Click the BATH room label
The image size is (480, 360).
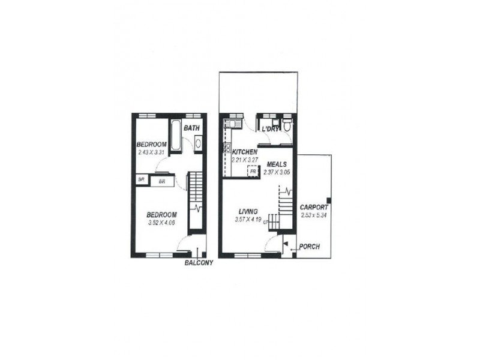[191, 128]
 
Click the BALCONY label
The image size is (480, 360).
[199, 263]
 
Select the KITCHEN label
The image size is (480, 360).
[245, 152]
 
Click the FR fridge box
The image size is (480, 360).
[253, 171]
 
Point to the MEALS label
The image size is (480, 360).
[277, 164]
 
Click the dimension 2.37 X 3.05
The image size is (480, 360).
[277, 172]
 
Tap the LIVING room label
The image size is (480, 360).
[248, 212]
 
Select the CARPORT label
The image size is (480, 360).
[313, 208]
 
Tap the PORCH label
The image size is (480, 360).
[308, 247]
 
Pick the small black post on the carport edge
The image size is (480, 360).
[328, 200]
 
